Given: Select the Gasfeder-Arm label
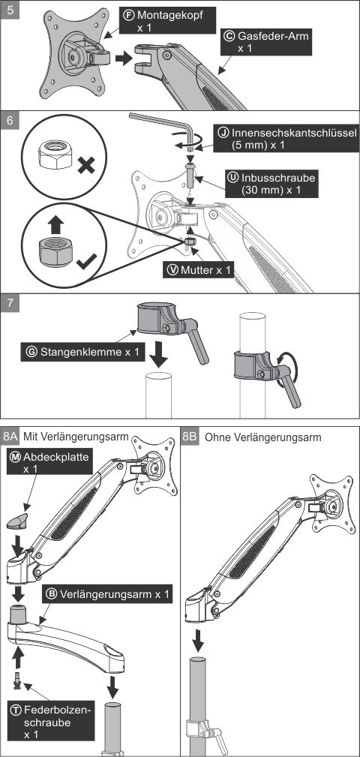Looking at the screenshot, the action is pos(265,41).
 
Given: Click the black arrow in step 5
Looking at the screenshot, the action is pos(124,59).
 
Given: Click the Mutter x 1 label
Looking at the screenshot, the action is pos(198,270).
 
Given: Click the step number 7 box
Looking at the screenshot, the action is pos(10,304).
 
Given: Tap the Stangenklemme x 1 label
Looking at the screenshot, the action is pos(82,352).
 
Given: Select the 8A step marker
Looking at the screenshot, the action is pos(10,436).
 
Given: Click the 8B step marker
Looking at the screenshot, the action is pos(190,436).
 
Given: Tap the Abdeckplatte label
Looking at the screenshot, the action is pos(49,462).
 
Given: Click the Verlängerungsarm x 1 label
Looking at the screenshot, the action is pos(108,594).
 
